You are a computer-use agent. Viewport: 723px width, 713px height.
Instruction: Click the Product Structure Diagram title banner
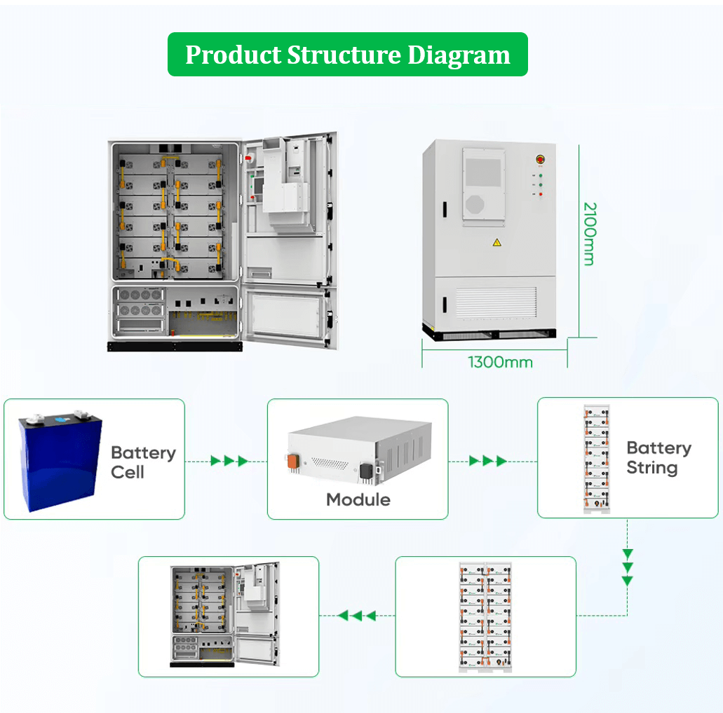tap(348, 55)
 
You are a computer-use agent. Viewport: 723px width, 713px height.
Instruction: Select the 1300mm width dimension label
tap(500, 362)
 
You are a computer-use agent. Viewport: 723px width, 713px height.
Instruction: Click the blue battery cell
tap(60, 461)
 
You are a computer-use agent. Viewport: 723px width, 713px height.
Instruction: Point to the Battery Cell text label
tap(143, 462)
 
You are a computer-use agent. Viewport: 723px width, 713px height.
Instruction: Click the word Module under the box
tap(358, 500)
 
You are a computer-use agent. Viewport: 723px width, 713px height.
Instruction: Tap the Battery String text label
tap(659, 457)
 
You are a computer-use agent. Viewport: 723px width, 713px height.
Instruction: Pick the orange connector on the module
tap(293, 462)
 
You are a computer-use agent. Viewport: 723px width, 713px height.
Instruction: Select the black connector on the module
tap(366, 471)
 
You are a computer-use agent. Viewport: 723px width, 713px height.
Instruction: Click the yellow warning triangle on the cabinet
tap(496, 242)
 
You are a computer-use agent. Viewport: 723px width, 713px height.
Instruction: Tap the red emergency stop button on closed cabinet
tap(541, 160)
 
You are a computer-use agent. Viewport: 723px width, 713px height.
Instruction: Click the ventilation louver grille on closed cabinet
tap(496, 302)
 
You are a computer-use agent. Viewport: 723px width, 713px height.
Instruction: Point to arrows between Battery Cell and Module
tap(229, 461)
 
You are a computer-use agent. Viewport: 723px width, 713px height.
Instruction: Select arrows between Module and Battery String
tap(488, 461)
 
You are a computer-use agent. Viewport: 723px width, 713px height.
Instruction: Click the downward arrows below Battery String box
tap(627, 567)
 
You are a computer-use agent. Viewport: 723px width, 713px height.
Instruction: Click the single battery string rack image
tap(597, 459)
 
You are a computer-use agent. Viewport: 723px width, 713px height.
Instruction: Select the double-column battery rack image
tap(485, 617)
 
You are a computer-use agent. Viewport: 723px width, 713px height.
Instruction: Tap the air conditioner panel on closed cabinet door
tap(484, 186)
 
